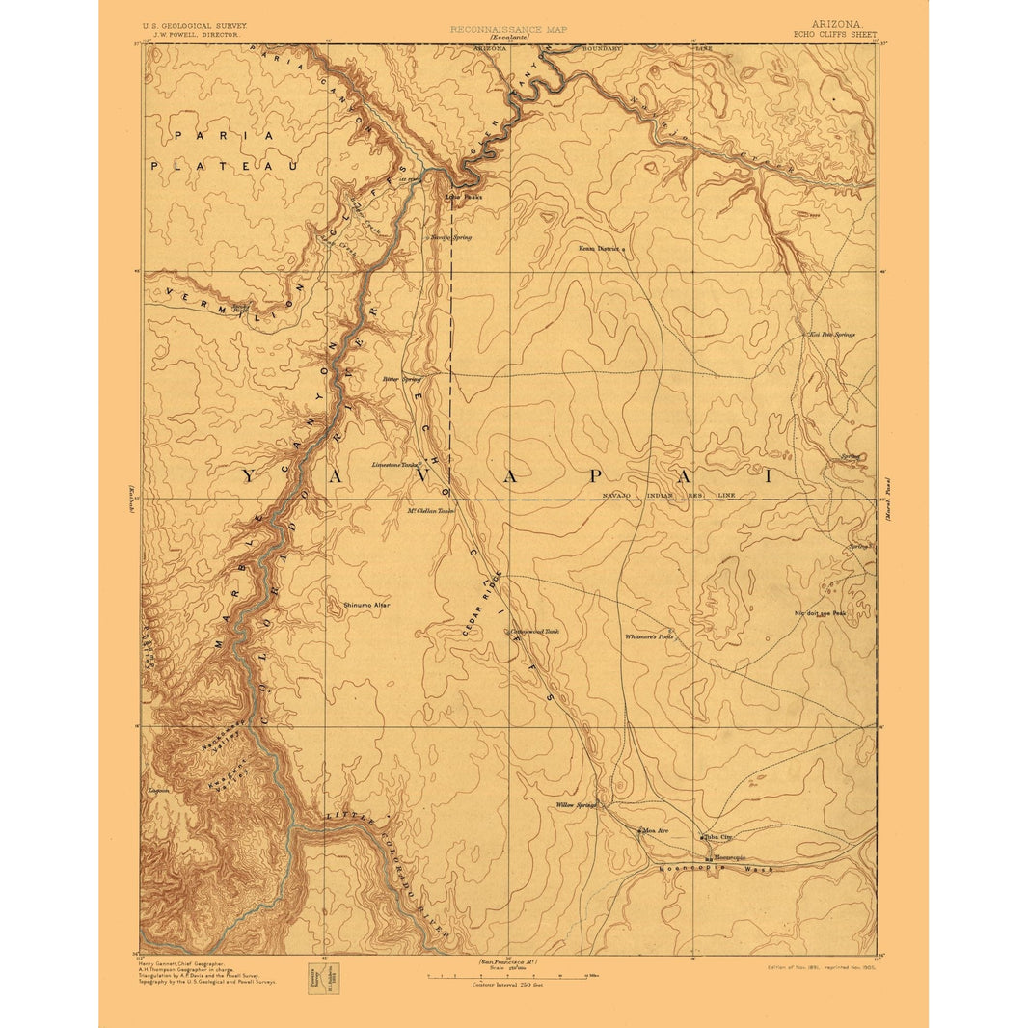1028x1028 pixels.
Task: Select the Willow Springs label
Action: click(577, 804)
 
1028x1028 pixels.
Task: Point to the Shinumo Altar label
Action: click(366, 605)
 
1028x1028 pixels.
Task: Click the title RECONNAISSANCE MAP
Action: click(508, 29)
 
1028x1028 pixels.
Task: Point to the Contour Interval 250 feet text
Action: click(507, 984)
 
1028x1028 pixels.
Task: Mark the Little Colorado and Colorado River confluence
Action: click(296, 827)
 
